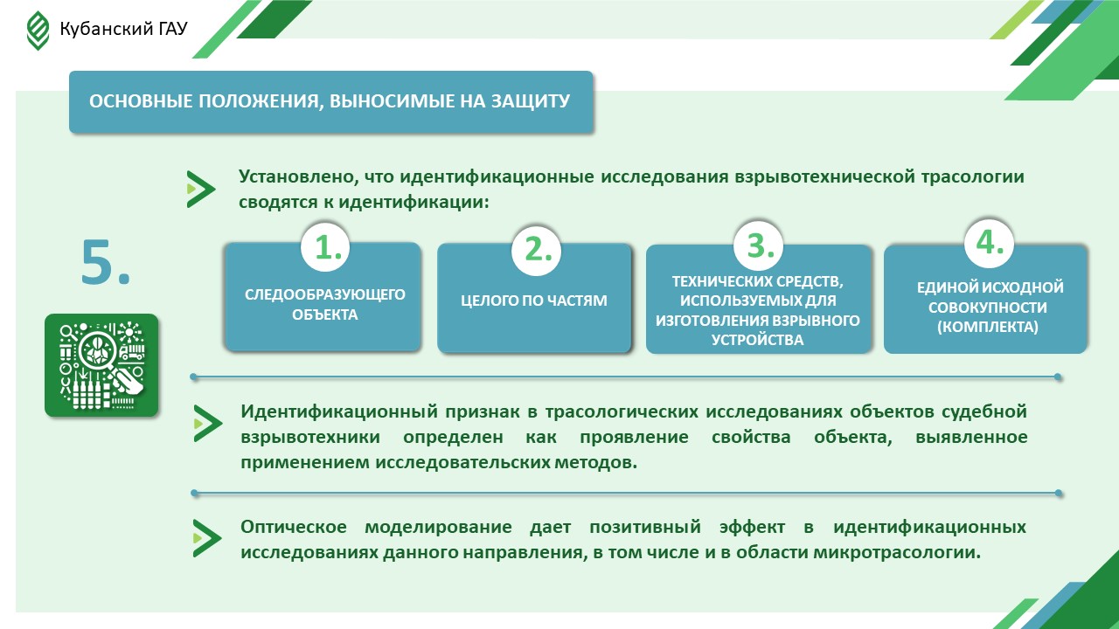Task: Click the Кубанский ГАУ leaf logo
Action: click(38, 31)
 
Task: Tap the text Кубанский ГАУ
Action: click(123, 29)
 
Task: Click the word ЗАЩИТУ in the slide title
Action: click(531, 100)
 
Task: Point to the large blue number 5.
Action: click(106, 262)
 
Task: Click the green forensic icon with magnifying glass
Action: click(101, 365)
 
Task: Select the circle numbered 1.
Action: click(326, 247)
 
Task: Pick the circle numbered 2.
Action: click(537, 250)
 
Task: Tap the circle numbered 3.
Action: click(758, 246)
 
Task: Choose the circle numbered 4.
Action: click(989, 244)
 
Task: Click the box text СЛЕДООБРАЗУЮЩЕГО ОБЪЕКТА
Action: click(324, 305)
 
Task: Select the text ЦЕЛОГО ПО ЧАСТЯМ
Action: click(534, 301)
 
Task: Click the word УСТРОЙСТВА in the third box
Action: click(757, 340)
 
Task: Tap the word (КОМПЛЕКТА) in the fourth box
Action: click(988, 327)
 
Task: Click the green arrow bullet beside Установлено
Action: click(201, 190)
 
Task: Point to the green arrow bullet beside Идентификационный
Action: click(208, 424)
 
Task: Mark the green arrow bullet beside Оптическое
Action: click(207, 538)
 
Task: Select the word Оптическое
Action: click(294, 527)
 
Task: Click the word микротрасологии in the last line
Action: click(897, 553)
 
